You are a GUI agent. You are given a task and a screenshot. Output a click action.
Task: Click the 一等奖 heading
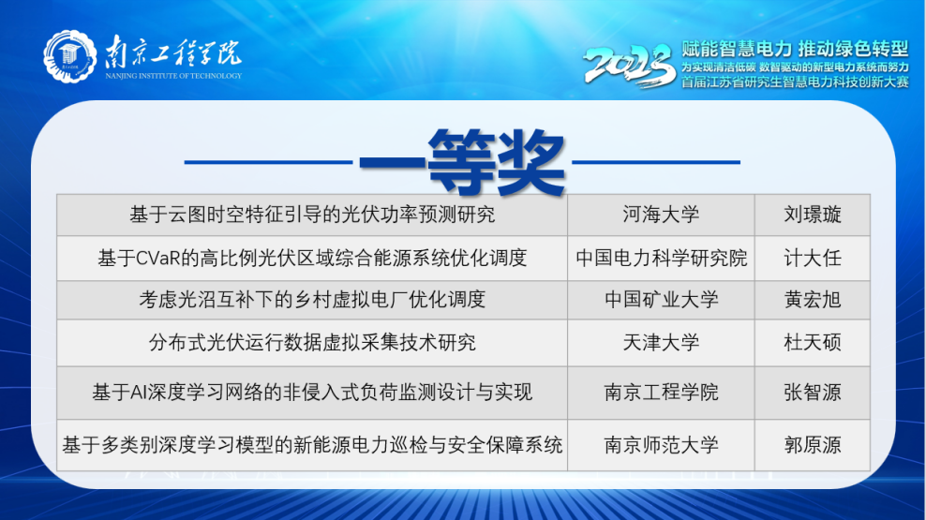tap(462, 161)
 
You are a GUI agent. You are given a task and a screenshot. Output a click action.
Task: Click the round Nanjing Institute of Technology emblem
tap(69, 56)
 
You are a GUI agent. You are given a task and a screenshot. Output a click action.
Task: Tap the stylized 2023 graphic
tap(630, 65)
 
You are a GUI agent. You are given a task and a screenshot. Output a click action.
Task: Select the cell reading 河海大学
tap(661, 215)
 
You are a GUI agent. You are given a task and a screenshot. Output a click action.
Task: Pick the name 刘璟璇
tap(812, 215)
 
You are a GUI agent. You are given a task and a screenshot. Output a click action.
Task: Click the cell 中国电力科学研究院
tap(661, 258)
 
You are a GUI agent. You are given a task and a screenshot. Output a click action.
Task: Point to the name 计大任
tap(812, 258)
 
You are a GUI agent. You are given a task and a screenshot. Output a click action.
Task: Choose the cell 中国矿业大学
tap(661, 299)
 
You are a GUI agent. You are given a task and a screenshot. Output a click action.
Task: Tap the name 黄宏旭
tap(812, 299)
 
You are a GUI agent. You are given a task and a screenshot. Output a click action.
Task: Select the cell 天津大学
tap(661, 342)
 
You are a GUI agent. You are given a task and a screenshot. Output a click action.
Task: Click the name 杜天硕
tap(812, 342)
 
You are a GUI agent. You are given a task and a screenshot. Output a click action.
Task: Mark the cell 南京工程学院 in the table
tap(661, 393)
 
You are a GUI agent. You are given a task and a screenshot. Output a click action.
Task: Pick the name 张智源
tap(812, 393)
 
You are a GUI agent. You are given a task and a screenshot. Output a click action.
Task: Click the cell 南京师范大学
tap(661, 444)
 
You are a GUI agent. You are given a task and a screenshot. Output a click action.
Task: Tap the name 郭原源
tap(812, 444)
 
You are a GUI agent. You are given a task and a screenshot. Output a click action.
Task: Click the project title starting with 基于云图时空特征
tap(312, 215)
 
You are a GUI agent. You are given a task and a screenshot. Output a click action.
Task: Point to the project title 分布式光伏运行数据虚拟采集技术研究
tap(312, 342)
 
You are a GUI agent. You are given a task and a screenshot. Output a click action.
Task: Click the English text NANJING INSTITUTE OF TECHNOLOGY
tap(173, 76)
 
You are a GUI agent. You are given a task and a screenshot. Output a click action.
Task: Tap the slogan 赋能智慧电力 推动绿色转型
tap(795, 49)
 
